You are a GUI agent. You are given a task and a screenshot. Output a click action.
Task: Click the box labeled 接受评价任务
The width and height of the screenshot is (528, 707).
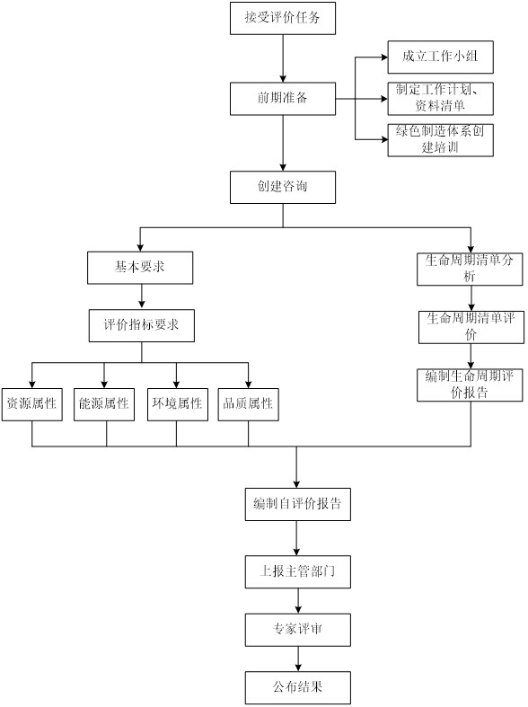[x=283, y=18]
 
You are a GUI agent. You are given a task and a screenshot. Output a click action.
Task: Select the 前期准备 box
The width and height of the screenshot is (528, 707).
[x=283, y=98]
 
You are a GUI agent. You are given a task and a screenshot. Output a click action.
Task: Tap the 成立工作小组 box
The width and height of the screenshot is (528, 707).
[x=440, y=57]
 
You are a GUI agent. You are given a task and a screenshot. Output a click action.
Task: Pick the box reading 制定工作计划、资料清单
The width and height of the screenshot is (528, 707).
[x=440, y=98]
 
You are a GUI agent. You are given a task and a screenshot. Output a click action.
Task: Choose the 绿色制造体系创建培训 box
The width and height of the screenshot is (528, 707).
[x=440, y=140]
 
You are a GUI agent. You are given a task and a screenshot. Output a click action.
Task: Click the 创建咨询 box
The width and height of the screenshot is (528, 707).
[x=283, y=187]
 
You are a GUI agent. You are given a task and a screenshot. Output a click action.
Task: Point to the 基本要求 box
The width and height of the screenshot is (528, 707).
[x=140, y=268]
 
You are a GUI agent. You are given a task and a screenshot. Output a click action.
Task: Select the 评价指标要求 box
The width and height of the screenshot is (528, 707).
[x=142, y=325]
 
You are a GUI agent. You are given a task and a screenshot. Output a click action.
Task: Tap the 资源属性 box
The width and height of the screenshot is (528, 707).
[x=32, y=404]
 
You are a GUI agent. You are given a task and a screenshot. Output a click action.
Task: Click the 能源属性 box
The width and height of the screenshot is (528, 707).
[x=104, y=404]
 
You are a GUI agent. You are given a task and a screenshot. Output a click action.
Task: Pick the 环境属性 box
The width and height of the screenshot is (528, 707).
[x=178, y=404]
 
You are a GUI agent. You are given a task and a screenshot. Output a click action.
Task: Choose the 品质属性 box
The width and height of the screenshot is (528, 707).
[x=248, y=404]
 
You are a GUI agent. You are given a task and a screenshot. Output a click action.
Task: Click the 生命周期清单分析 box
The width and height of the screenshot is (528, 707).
[x=470, y=269]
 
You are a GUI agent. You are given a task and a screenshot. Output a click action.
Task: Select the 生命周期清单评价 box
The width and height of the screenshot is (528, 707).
[x=471, y=327]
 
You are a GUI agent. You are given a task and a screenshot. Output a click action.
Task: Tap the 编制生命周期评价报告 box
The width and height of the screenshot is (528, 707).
[x=470, y=384]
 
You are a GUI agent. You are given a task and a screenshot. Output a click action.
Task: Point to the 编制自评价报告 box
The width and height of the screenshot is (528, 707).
[x=298, y=504]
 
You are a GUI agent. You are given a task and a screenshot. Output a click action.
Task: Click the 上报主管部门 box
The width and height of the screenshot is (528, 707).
[x=298, y=571]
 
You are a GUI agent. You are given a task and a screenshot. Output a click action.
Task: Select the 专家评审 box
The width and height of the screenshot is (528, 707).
[x=298, y=630]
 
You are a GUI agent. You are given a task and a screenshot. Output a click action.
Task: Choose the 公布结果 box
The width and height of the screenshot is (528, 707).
[x=298, y=687]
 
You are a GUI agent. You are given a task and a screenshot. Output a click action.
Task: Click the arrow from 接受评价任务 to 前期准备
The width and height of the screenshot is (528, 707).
[x=283, y=58]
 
